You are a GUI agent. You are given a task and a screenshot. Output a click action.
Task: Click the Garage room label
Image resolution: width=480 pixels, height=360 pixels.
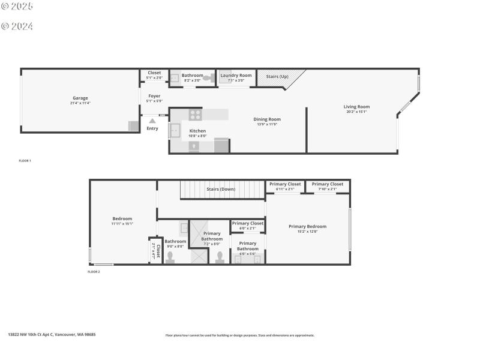point(80,98)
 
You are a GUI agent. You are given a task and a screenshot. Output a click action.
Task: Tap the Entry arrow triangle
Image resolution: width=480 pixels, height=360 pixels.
point(152,121)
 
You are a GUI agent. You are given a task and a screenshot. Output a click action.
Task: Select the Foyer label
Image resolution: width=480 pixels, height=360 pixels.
point(154,95)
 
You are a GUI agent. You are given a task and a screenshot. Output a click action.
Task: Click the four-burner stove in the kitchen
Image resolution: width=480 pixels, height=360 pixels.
point(196,114)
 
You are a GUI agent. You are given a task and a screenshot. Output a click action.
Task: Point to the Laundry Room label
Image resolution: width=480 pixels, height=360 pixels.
point(236,75)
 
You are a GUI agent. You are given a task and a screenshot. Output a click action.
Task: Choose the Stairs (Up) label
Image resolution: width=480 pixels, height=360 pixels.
point(277,76)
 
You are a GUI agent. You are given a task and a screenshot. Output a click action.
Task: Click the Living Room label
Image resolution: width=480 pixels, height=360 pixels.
point(356,107)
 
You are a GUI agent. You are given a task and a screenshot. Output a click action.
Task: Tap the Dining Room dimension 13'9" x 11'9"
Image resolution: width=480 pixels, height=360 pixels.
point(268,124)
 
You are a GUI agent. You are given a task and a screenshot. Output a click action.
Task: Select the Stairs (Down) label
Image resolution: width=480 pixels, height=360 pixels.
point(221,189)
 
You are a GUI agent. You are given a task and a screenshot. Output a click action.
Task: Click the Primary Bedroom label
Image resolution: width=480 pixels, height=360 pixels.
point(307,226)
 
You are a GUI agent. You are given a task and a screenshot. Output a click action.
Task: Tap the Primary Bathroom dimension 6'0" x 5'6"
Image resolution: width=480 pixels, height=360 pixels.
point(248,254)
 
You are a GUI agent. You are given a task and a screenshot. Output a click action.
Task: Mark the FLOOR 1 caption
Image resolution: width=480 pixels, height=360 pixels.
point(25,161)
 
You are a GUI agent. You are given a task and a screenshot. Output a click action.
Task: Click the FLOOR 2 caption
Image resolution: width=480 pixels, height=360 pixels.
point(94,272)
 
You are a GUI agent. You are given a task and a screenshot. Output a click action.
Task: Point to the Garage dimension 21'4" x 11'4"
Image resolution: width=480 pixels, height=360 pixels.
point(80,103)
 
